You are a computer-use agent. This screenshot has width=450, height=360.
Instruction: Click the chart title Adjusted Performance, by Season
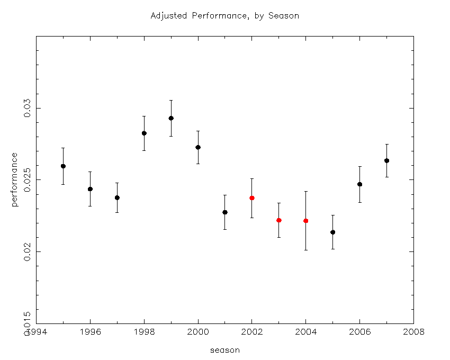224,16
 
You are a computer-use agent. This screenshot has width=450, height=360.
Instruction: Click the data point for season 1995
63,166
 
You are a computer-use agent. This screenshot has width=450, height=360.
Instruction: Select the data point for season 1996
90,189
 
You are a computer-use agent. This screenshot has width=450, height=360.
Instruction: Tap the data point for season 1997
117,197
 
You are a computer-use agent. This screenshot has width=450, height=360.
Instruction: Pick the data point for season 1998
144,133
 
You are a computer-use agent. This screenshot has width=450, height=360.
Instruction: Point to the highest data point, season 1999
171,118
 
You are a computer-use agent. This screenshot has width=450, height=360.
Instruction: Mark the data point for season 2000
198,147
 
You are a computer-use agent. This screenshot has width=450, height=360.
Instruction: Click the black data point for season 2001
225,212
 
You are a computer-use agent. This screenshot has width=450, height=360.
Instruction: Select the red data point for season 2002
252,198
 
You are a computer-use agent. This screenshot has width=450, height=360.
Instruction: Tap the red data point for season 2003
279,220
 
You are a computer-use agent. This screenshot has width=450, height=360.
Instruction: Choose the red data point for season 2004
306,221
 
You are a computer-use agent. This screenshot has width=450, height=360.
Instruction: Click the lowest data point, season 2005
332,232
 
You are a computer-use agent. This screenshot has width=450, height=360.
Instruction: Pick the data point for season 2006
359,184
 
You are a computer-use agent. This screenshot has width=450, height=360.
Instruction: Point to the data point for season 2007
386,161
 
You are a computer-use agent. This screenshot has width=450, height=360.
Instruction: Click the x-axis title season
224,350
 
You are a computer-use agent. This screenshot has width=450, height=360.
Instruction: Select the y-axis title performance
14,179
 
